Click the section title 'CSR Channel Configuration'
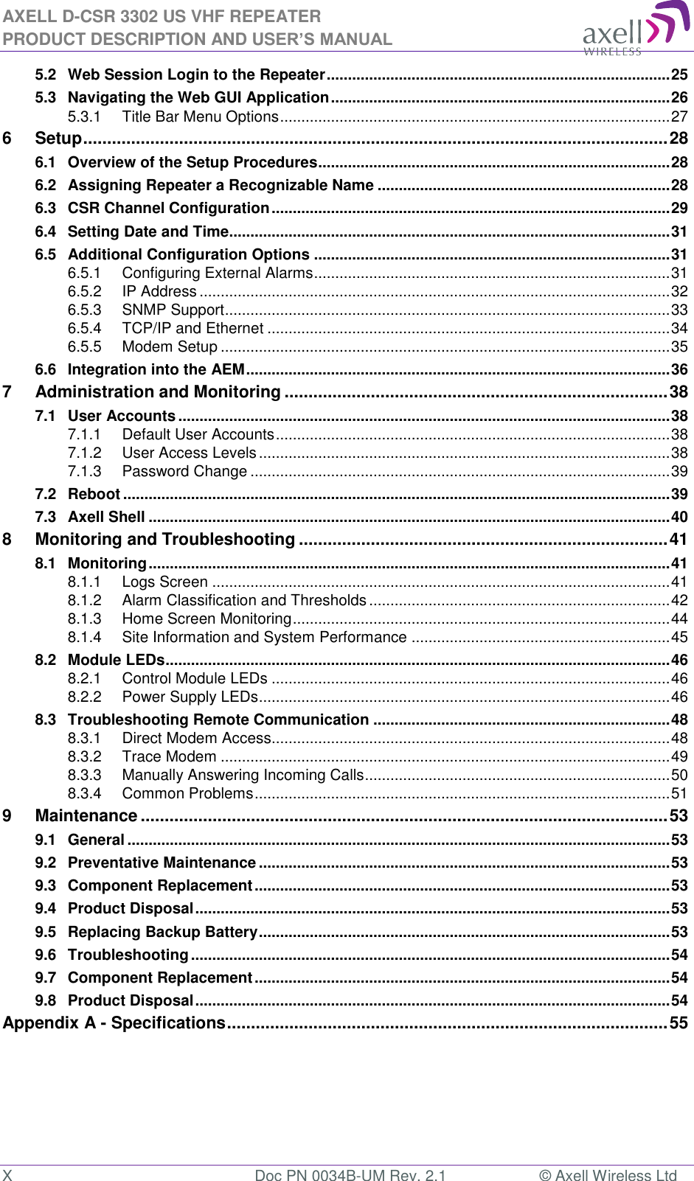(168, 209)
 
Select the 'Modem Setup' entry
(170, 346)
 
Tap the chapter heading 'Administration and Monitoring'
(158, 392)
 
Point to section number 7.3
(46, 517)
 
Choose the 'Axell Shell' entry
(106, 517)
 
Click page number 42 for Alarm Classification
(679, 600)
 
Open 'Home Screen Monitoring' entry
(207, 619)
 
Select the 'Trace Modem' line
(169, 756)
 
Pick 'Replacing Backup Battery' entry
(162, 932)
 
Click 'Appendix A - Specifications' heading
(114, 1023)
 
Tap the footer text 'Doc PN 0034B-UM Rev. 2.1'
(350, 1175)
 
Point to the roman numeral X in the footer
(7, 1175)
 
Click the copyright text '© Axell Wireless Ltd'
(608, 1175)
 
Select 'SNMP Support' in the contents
(173, 310)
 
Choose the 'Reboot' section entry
(94, 494)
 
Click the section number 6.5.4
(84, 328)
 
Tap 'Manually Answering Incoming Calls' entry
(243, 775)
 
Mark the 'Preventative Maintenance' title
(162, 863)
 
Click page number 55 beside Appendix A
(679, 1023)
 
